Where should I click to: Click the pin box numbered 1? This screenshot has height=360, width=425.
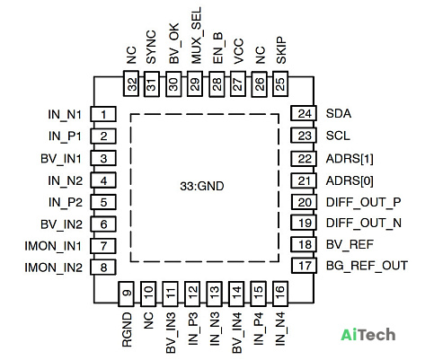(103, 114)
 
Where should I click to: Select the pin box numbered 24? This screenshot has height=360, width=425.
(304, 113)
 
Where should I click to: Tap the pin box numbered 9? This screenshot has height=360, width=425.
(126, 294)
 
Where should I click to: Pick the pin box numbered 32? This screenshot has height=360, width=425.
(131, 83)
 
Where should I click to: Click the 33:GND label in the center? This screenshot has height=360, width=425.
(202, 186)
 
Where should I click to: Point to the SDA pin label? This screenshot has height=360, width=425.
(339, 113)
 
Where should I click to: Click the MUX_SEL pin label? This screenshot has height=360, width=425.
(196, 36)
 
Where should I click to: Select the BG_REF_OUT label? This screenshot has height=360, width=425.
(367, 266)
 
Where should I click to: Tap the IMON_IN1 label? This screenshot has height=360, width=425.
(53, 246)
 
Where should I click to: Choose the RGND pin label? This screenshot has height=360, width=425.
(127, 329)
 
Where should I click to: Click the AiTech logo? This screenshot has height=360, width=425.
(368, 334)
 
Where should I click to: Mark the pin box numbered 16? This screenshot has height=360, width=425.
(280, 294)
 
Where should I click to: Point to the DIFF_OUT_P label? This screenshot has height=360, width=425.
(363, 202)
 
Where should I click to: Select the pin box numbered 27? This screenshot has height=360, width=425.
(238, 83)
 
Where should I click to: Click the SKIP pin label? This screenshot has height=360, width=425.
(281, 50)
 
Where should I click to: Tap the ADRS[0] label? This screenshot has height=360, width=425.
(350, 180)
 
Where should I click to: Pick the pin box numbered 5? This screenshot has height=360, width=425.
(103, 202)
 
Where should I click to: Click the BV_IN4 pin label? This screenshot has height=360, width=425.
(237, 333)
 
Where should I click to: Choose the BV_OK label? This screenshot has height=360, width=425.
(174, 43)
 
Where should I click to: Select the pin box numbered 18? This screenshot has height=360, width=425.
(304, 244)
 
